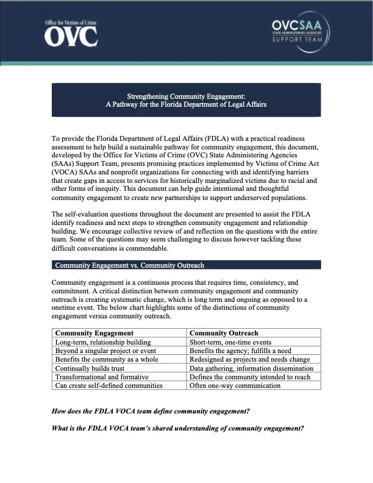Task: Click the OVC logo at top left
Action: pos(71,34)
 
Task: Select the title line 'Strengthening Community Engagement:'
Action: pos(186,96)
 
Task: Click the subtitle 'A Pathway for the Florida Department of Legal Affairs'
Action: pos(186,104)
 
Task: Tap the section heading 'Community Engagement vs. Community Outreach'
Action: pos(129,265)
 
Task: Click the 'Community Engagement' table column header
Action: pos(94,333)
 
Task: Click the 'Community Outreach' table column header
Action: pos(224,333)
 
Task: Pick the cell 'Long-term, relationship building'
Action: pos(103,342)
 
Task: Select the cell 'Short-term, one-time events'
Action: pos(230,342)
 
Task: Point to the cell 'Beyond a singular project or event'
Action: pos(105,351)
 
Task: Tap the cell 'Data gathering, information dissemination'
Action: pos(251,368)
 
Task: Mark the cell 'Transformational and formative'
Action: pos(101,377)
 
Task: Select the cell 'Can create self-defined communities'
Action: pos(108,385)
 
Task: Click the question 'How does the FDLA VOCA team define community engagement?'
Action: pos(151,412)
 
